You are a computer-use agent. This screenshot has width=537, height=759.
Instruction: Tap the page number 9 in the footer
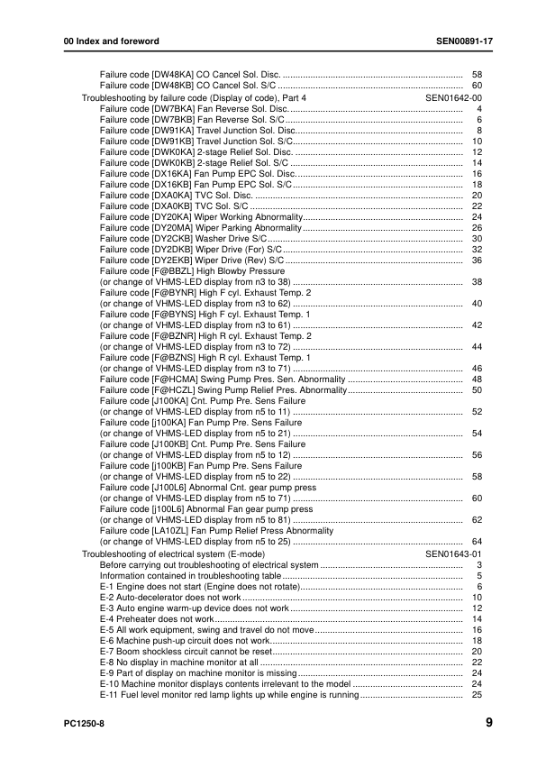point(487,722)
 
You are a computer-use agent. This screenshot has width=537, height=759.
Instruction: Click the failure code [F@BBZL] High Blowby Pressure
point(192,270)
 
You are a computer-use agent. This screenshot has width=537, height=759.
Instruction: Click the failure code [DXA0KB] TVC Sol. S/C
point(173,206)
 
